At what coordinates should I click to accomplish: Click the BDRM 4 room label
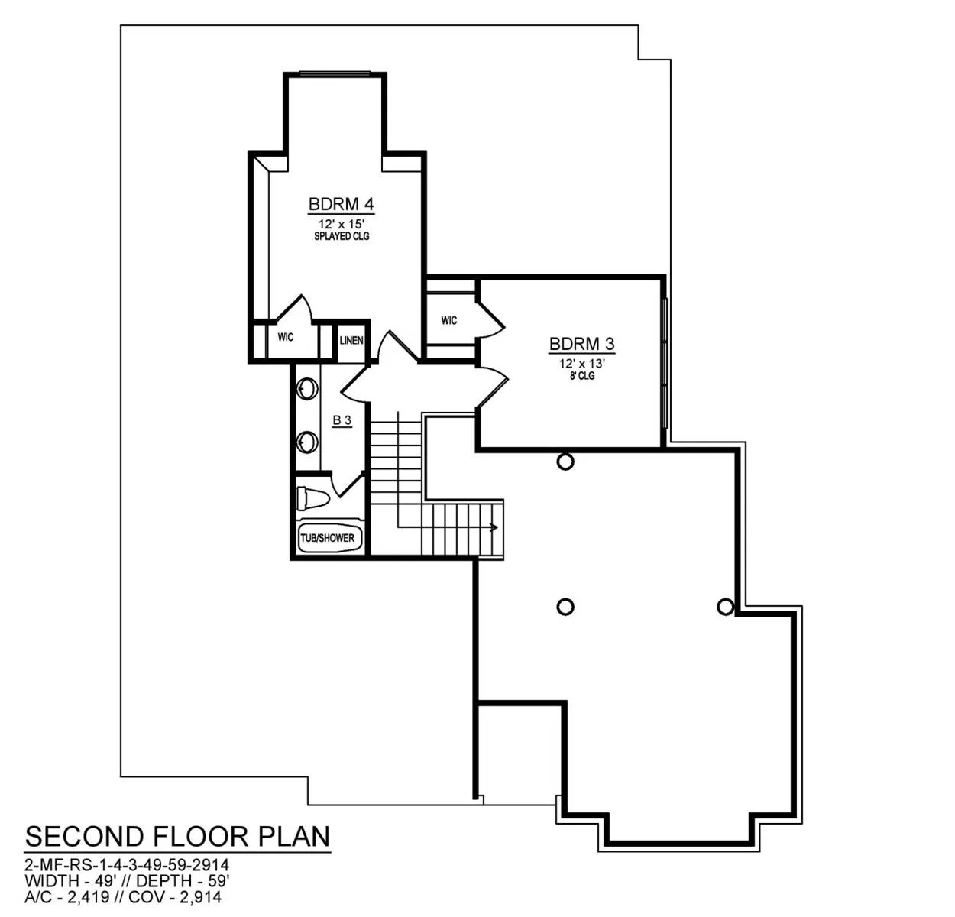[x=341, y=204]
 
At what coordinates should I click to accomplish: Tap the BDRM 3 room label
[x=581, y=344]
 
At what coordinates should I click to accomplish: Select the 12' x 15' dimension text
[x=342, y=225]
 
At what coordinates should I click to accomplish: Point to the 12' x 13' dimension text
[x=582, y=364]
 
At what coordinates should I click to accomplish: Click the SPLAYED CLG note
[x=342, y=236]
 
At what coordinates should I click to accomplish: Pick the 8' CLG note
[x=582, y=376]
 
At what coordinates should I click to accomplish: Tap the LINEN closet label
[x=351, y=340]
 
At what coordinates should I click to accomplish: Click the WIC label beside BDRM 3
[x=449, y=320]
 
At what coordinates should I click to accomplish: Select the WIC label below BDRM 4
[x=286, y=337]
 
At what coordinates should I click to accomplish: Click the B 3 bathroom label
[x=342, y=420]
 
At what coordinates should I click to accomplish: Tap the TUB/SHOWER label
[x=327, y=538]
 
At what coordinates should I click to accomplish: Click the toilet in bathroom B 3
[x=312, y=499]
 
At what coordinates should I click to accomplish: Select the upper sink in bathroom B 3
[x=307, y=389]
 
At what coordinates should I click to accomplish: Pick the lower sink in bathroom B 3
[x=307, y=442]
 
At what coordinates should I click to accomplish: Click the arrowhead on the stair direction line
[x=494, y=528]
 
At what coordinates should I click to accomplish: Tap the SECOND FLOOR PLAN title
[x=177, y=837]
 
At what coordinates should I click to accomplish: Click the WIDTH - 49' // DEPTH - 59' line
[x=127, y=880]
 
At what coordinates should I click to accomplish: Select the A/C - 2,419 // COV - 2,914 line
[x=123, y=897]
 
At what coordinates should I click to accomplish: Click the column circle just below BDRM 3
[x=565, y=462]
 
